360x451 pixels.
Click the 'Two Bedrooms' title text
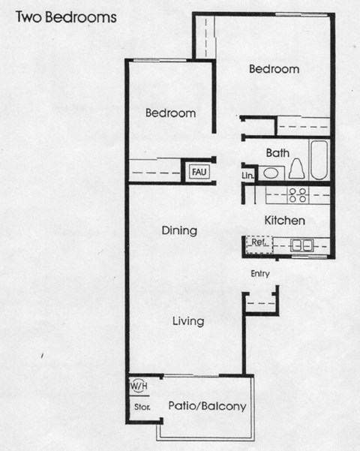[x=65, y=17]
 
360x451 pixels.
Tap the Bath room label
[x=277, y=152]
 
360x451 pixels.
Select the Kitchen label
[x=284, y=221]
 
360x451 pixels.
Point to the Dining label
[x=179, y=230]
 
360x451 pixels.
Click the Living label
[x=188, y=321]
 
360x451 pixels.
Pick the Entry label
[x=260, y=274]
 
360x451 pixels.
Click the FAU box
[x=199, y=172]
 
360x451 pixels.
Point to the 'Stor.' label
[x=142, y=407]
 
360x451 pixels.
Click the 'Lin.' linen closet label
[x=248, y=176]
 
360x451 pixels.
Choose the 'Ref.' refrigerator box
[x=259, y=243]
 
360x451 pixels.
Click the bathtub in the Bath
[x=319, y=160]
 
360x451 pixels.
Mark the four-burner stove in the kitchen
[x=298, y=194]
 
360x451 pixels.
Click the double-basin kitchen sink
[x=302, y=244]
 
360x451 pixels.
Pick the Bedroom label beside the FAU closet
[x=170, y=113]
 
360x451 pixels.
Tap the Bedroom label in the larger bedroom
[x=274, y=69]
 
